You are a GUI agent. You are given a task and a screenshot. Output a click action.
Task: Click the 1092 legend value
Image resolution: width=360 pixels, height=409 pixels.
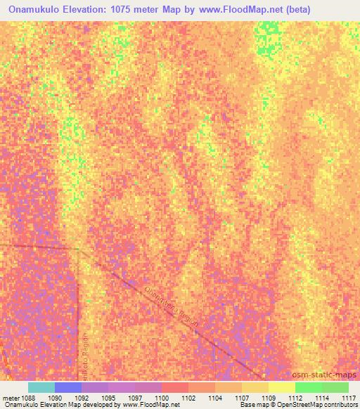click(x=82, y=398)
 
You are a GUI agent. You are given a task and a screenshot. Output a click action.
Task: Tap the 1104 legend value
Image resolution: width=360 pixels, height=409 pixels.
click(x=216, y=398)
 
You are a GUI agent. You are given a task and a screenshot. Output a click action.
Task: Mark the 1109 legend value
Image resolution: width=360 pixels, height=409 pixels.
click(x=269, y=398)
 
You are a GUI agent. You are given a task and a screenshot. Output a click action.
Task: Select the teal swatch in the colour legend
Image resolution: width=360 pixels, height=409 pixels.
click(x=41, y=387)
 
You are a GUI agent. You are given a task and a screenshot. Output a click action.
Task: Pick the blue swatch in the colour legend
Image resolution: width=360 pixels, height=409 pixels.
click(x=68, y=387)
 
